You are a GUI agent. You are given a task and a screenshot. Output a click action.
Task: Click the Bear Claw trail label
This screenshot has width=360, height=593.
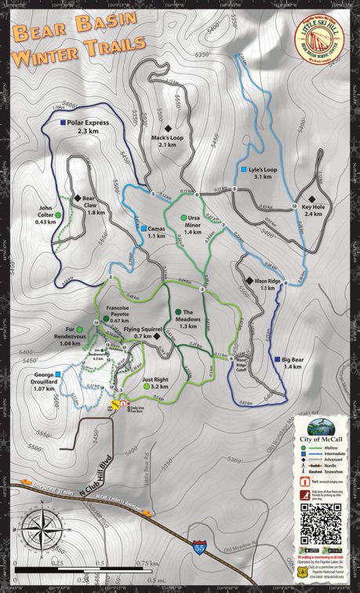(x=96, y=205)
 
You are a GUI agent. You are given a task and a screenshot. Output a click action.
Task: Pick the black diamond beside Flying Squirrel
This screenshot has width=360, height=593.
(x=157, y=336)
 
